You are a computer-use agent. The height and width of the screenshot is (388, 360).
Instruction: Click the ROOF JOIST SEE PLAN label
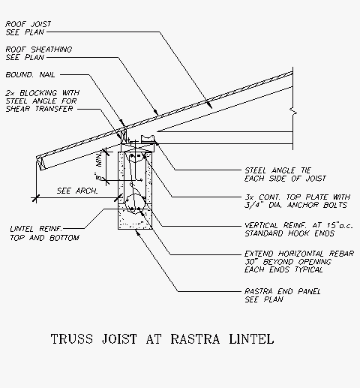click(28, 28)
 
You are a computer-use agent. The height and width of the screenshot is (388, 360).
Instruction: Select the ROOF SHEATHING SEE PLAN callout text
click(39, 53)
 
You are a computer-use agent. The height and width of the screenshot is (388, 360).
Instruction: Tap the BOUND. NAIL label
click(30, 75)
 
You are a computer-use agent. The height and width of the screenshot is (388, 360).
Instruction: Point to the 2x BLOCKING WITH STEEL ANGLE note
click(42, 101)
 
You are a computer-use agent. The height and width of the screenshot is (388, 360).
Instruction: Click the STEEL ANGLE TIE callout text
click(285, 174)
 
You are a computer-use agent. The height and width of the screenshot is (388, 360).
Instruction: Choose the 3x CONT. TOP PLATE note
click(298, 201)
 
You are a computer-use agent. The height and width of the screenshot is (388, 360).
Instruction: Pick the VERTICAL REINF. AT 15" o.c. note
click(298, 230)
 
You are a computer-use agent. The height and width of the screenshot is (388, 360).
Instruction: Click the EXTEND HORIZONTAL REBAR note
click(299, 262)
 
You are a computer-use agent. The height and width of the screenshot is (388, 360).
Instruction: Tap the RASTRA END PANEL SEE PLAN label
click(283, 295)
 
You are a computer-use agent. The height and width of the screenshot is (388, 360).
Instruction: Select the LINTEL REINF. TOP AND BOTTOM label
click(45, 233)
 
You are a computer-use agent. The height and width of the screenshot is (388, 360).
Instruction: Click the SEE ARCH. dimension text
click(77, 191)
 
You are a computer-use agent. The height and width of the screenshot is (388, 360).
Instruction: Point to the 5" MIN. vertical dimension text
click(99, 167)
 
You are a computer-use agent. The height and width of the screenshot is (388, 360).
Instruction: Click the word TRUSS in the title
click(72, 339)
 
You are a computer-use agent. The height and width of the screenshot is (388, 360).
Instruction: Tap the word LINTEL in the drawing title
click(251, 339)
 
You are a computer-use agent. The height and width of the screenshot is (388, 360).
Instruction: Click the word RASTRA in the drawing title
click(195, 339)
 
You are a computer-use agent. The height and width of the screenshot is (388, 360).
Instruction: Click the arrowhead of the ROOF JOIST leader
click(210, 106)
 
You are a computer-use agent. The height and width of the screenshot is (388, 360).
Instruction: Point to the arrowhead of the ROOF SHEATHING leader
click(157, 113)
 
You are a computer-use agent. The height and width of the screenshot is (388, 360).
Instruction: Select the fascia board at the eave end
click(41, 164)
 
